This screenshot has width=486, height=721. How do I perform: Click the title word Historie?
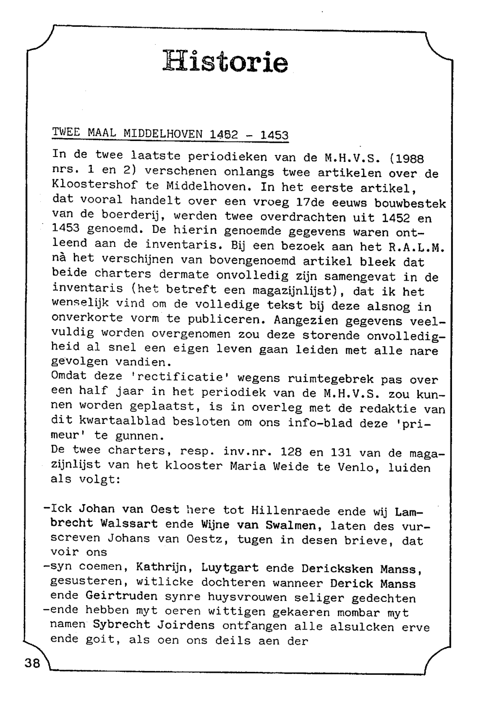pos(226,62)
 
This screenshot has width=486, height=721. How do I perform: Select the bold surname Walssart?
pos(129,524)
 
